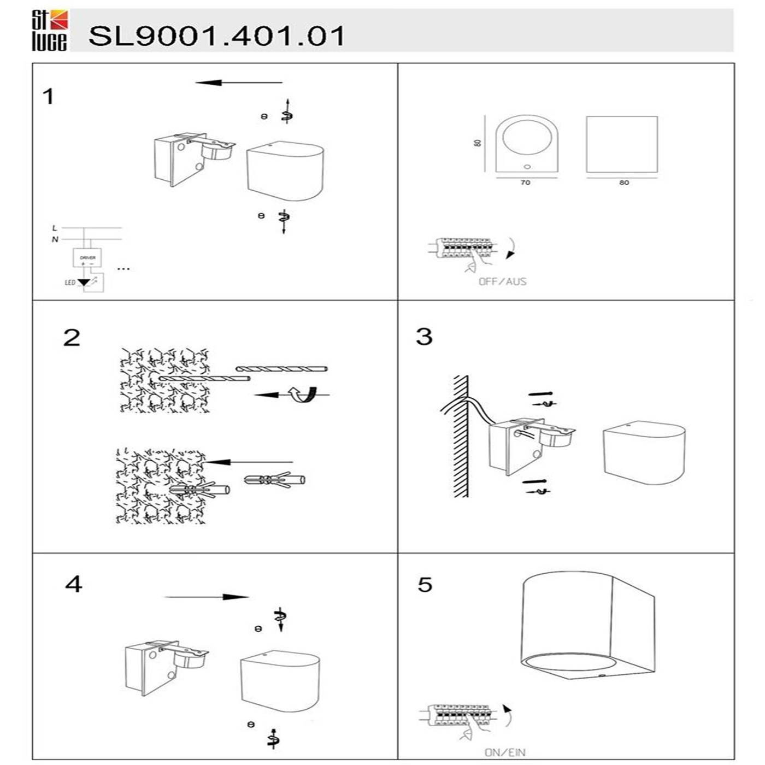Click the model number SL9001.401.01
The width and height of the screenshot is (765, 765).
pos(216,36)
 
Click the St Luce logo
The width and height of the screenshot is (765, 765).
pos(50,31)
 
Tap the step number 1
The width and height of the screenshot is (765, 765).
pos(49,97)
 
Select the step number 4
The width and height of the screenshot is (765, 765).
pos(73,584)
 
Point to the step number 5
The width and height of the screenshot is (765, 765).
pos(425,585)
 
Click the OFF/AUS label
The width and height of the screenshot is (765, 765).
pos(502,282)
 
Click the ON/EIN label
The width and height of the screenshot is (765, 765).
pos(505,752)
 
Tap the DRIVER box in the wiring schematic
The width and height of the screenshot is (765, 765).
pos(87,257)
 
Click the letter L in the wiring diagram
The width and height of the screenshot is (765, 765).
pos(54,228)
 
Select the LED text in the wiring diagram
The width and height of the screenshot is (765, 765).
pos(70,283)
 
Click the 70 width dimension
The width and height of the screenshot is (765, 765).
pos(525,183)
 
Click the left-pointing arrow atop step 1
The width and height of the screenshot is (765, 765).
pos(238,83)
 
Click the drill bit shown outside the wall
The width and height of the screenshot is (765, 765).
pos(281,369)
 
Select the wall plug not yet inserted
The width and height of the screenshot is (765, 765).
pos(274,480)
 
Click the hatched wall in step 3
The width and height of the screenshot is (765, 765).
pos(461,437)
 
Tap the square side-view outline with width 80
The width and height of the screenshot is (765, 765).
pos(621,144)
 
